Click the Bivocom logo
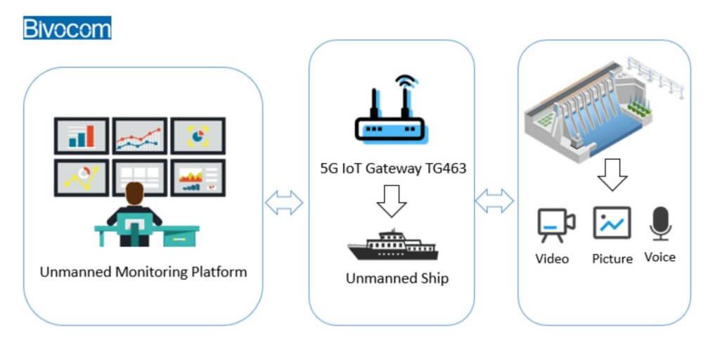point(67,28)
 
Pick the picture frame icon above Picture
point(611,223)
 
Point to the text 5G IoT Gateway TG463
point(392,169)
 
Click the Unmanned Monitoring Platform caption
point(143,271)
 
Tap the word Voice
point(660,257)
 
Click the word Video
point(552,259)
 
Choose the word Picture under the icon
point(612,259)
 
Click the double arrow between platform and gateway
point(284,203)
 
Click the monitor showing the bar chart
point(82,136)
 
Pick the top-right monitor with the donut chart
point(198,136)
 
